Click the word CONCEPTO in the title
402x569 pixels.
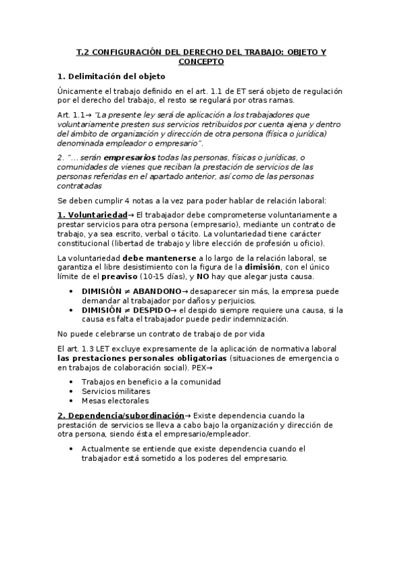pos(201,61)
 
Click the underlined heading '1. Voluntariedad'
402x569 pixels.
pos(92,215)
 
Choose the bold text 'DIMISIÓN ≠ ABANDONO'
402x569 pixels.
pos(131,292)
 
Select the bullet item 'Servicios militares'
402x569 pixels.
pos(115,391)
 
